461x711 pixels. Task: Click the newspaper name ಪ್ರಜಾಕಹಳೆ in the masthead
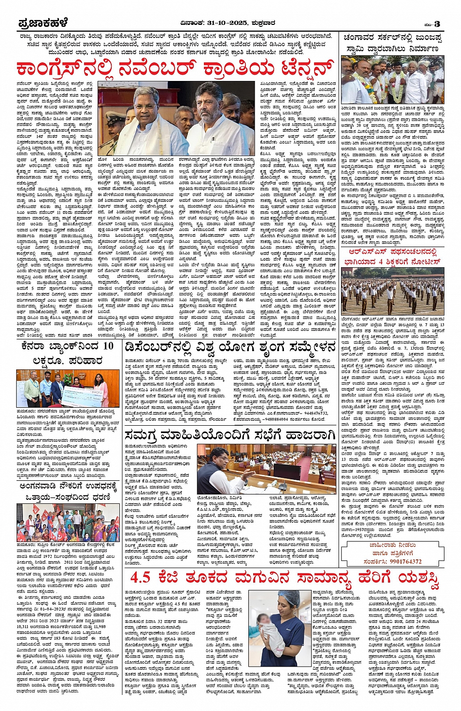pos(43,23)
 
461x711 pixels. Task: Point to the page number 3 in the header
pos(437,23)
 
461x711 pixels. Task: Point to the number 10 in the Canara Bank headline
pos(108,346)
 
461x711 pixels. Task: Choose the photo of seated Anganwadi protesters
pos(68,522)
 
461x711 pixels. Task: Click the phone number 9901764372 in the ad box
pos(399,561)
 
